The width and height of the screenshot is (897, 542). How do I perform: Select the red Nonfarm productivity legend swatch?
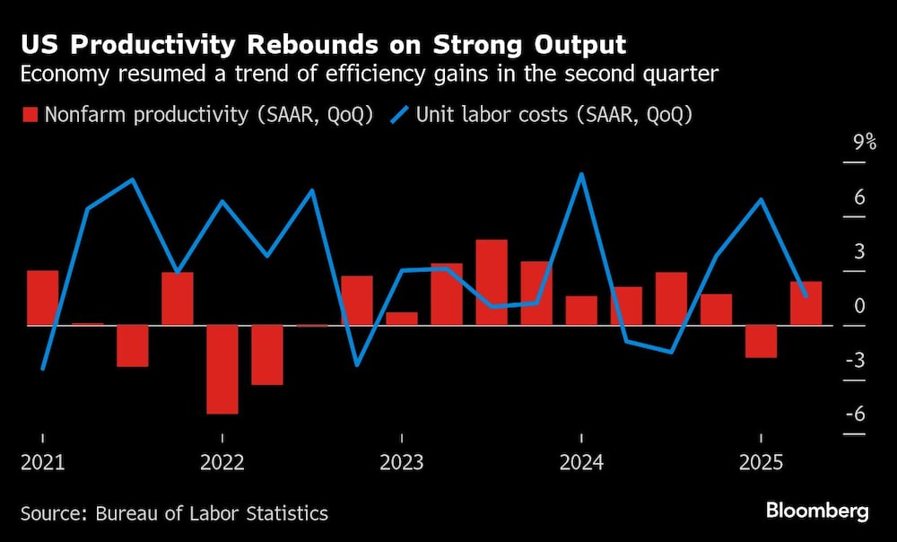(30, 114)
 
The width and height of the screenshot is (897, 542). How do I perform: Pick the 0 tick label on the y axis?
(858, 306)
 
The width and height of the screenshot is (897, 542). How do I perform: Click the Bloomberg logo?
(817, 511)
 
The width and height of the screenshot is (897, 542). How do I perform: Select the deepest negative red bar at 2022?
(222, 369)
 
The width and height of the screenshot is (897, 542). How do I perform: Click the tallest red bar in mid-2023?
(492, 282)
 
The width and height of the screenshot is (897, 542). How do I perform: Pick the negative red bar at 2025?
(761, 341)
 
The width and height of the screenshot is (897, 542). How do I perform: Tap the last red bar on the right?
(806, 303)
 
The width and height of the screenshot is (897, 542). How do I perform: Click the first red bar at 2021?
(43, 297)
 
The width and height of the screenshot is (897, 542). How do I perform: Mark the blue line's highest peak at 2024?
(581, 174)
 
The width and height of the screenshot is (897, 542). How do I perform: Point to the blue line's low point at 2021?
(43, 368)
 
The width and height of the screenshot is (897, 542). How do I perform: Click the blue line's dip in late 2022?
(357, 364)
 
